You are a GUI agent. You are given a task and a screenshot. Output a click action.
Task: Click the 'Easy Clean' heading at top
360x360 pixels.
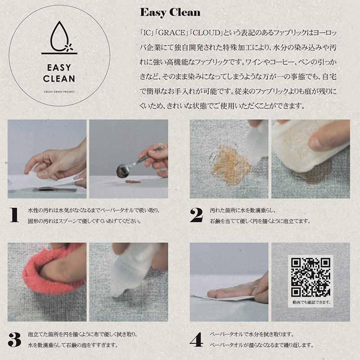coord(170,13)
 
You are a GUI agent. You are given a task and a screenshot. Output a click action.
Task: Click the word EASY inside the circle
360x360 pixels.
coord(59,67)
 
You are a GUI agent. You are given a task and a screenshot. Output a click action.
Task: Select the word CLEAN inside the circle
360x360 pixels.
coord(59,79)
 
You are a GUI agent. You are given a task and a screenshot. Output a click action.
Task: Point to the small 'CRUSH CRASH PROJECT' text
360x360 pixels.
coord(59,92)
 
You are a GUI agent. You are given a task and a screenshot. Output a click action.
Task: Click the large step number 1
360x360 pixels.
coord(14,215)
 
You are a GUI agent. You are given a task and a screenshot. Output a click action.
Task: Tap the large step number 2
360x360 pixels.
coord(197,215)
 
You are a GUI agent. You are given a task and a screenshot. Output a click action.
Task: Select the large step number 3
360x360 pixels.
coord(14,340)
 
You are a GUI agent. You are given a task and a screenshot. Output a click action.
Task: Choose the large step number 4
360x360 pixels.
coord(197,340)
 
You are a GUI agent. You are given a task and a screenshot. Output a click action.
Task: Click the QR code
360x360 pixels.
coord(310,277)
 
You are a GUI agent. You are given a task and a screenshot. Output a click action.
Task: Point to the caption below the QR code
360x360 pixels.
coord(311,302)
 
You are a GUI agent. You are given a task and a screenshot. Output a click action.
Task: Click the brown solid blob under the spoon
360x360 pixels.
coord(133,182)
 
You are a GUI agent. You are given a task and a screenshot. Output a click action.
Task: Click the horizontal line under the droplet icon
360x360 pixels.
coord(59,54)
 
